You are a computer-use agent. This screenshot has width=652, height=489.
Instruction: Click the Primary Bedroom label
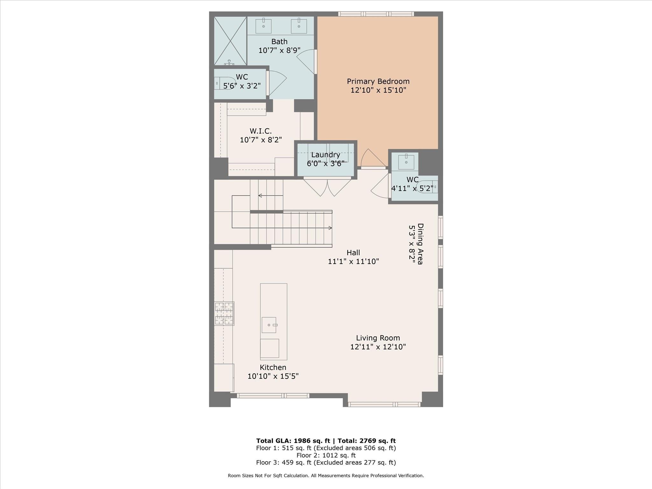click(x=378, y=81)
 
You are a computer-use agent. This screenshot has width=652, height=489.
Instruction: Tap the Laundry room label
click(x=325, y=155)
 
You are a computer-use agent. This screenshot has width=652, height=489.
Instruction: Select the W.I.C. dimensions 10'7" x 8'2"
click(x=261, y=140)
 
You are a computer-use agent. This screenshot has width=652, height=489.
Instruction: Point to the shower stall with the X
click(x=230, y=41)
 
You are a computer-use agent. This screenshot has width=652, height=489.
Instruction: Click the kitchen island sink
click(x=269, y=325)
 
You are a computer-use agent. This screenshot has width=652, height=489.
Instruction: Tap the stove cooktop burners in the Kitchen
click(x=224, y=314)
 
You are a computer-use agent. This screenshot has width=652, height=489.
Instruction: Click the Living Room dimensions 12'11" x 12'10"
click(x=378, y=347)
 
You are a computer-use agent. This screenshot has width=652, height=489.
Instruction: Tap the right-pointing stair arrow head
click(x=330, y=228)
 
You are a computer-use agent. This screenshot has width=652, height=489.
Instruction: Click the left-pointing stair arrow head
click(x=260, y=195)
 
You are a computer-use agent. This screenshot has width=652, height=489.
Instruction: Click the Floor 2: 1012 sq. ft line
click(x=326, y=455)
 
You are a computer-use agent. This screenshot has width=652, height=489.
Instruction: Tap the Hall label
click(x=353, y=253)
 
